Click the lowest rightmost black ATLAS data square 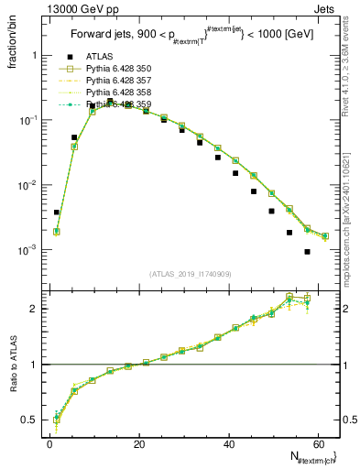pos(307,251)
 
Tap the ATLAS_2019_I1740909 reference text pos(190,274)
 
